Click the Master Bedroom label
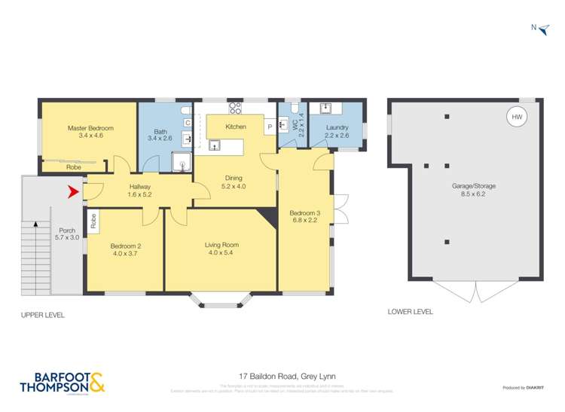(x=84, y=128)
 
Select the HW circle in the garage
(x=516, y=117)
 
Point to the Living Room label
(x=221, y=245)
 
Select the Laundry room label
(x=337, y=127)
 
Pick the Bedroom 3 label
(x=305, y=213)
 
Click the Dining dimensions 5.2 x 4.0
(x=234, y=186)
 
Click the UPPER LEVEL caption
(x=43, y=314)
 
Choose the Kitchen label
(x=236, y=127)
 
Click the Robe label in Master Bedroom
(x=53, y=166)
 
